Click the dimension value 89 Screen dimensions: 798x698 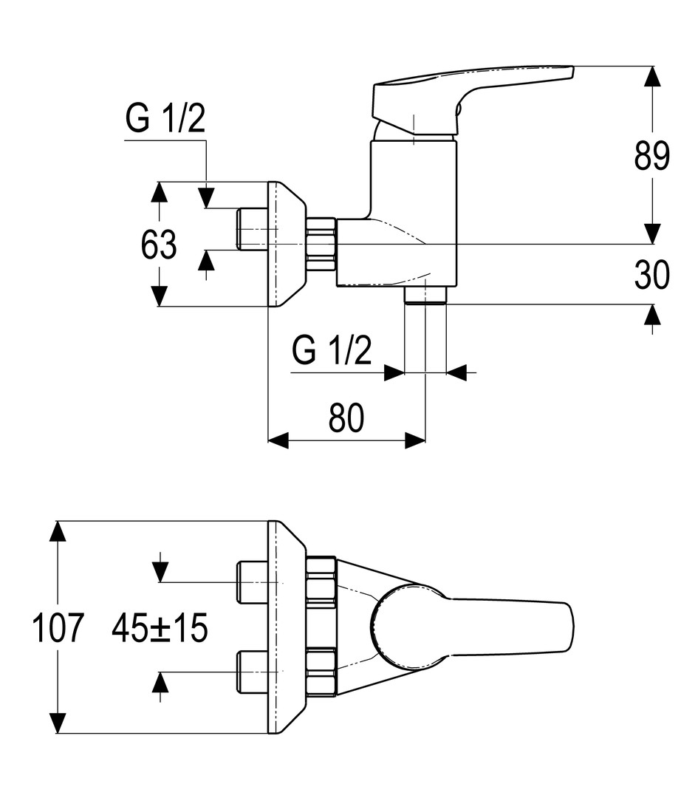(x=651, y=157)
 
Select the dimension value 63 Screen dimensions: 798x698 (x=160, y=245)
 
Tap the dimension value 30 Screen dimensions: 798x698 (x=651, y=275)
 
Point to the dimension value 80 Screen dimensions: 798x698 (x=346, y=419)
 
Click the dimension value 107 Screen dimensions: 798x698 (x=58, y=629)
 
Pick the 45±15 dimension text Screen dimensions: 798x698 (x=160, y=629)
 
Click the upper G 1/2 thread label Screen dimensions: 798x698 (x=165, y=119)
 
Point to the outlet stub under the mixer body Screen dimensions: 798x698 (x=426, y=295)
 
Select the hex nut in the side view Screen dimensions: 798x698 (x=321, y=244)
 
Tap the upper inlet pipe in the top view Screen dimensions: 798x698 (x=251, y=582)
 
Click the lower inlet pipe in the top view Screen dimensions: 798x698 (x=251, y=672)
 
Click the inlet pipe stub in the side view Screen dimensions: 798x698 (x=251, y=228)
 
